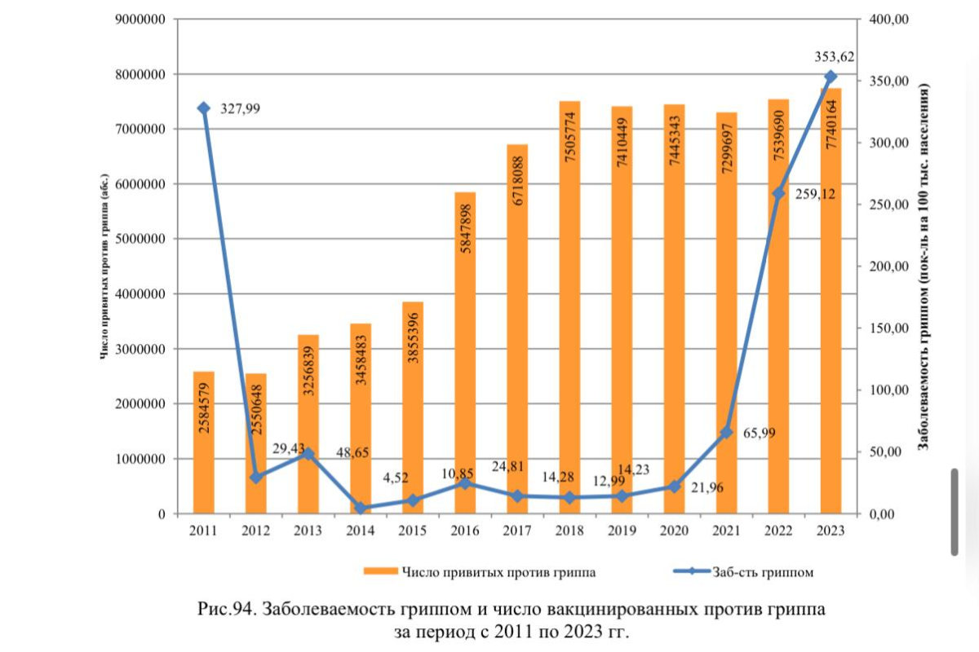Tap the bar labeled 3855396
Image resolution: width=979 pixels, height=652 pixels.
pyautogui.click(x=413, y=407)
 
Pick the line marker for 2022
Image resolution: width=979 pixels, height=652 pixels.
pyautogui.click(x=778, y=194)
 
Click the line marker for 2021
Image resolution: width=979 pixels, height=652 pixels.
pyautogui.click(x=726, y=433)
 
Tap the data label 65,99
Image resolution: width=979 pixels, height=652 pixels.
pyautogui.click(x=758, y=434)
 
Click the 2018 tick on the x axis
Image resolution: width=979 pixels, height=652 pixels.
pyautogui.click(x=569, y=531)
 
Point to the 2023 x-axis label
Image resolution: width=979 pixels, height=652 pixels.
pyautogui.click(x=830, y=531)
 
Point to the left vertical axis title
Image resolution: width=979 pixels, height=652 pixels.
pyautogui.click(x=104, y=267)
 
